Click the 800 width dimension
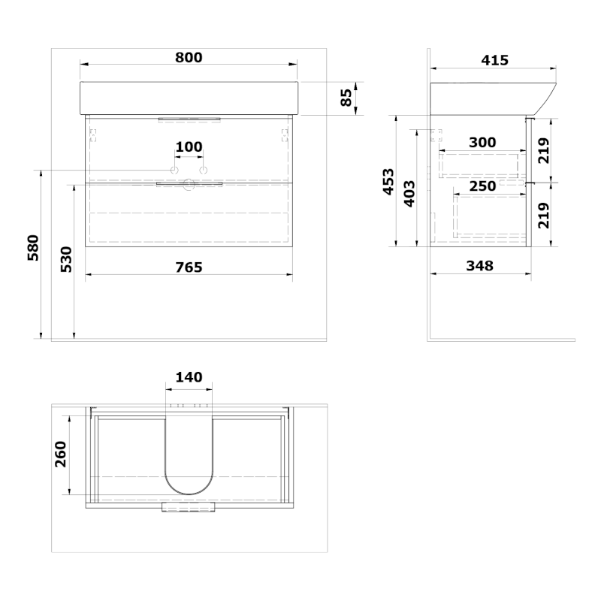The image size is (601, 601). [189, 58]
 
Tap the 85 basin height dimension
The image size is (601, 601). [346, 98]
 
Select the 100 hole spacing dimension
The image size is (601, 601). [189, 146]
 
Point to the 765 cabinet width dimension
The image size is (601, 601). [189, 267]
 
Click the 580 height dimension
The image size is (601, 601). [33, 248]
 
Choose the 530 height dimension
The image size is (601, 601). [66, 259]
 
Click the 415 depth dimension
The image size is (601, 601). [495, 60]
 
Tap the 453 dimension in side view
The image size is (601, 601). [388, 182]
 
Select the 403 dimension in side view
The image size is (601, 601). [409, 194]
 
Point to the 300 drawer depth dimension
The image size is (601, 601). [482, 143]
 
